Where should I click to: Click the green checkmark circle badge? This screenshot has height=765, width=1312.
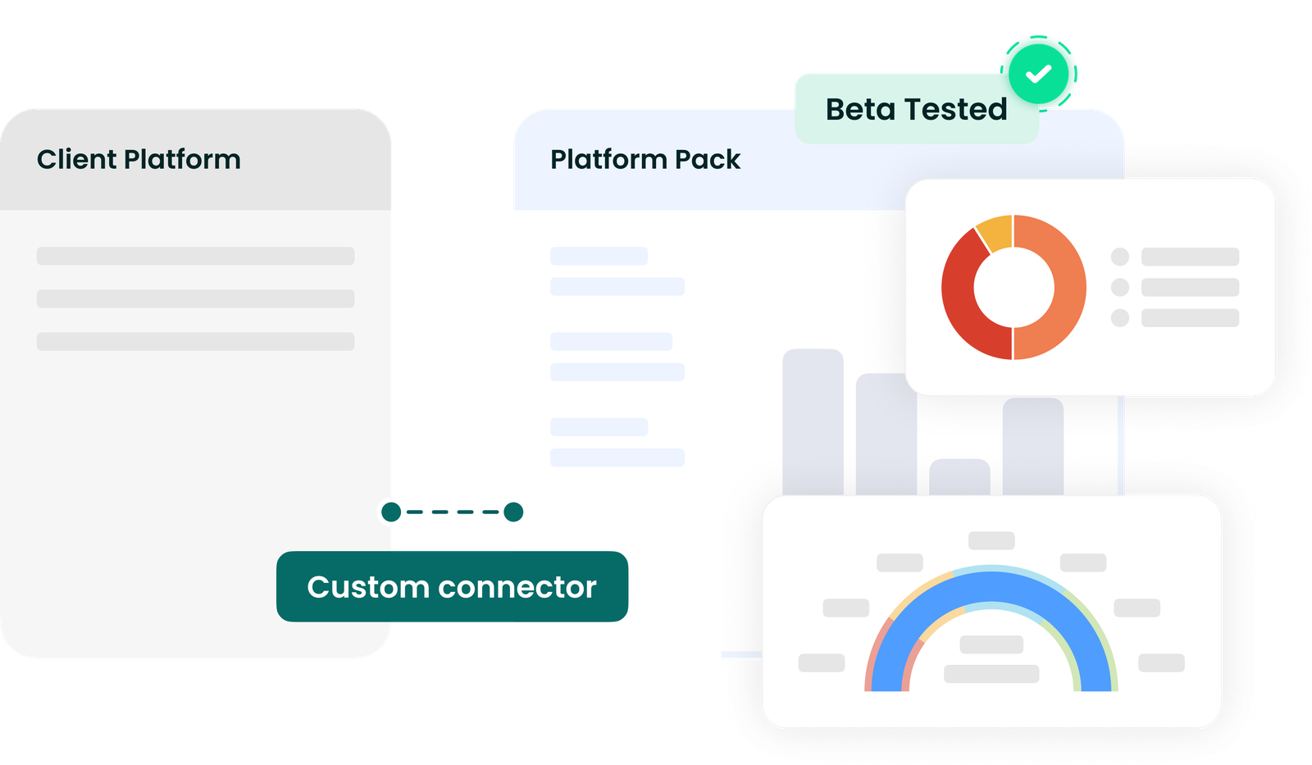coord(1038,74)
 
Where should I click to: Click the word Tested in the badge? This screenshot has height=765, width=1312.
coord(956,110)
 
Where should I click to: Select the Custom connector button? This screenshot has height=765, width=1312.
coord(452,586)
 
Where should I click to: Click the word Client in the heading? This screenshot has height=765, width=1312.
coord(76,159)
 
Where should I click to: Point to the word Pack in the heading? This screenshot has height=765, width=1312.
coord(708,159)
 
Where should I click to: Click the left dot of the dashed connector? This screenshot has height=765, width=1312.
coord(391,512)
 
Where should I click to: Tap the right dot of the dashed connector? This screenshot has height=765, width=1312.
coord(513,512)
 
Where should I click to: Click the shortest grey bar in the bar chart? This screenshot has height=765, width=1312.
coord(959,477)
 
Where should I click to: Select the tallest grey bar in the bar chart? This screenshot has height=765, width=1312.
coord(813,421)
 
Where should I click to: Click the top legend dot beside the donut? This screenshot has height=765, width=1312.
coord(1120,257)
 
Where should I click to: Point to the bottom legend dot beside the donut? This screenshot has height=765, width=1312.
coord(1120,317)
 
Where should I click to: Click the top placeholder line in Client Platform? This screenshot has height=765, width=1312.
coord(196,256)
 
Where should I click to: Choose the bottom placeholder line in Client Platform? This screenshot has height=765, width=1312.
coord(196,341)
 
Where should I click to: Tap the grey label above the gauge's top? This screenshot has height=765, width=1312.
coord(991,540)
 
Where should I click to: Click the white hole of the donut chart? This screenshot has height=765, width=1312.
coord(1014,287)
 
